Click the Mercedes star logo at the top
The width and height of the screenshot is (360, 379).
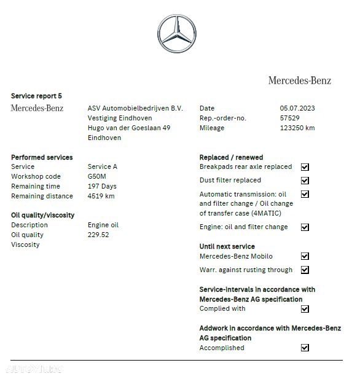pyautogui.click(x=176, y=33)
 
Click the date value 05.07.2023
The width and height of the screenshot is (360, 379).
pyautogui.click(x=298, y=108)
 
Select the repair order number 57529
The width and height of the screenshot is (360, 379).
pyautogui.click(x=290, y=118)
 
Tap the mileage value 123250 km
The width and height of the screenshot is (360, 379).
pyautogui.click(x=297, y=128)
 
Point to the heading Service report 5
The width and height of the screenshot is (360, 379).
pyautogui.click(x=36, y=96)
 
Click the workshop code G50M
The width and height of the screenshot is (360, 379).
pyautogui.click(x=97, y=176)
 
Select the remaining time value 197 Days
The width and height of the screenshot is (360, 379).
pyautogui.click(x=102, y=186)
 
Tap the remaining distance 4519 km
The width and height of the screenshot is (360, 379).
pyautogui.click(x=101, y=196)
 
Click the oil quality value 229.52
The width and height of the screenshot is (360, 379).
pyautogui.click(x=98, y=235)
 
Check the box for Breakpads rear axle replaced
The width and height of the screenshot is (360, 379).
pyautogui.click(x=305, y=167)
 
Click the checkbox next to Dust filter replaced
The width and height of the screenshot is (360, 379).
pyautogui.click(x=305, y=181)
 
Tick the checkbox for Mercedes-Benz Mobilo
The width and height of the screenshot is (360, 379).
pyautogui.click(x=305, y=257)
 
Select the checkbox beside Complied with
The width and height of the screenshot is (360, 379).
pyautogui.click(x=305, y=309)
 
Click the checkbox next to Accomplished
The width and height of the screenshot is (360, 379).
pyautogui.click(x=305, y=348)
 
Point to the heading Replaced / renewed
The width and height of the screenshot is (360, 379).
pyautogui.click(x=231, y=157)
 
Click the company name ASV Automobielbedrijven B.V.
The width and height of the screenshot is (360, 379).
pyautogui.click(x=135, y=108)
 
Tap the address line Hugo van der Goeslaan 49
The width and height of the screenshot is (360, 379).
pyautogui.click(x=129, y=128)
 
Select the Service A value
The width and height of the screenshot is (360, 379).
pyautogui.click(x=103, y=166)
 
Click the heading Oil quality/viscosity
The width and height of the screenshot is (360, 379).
pyautogui.click(x=43, y=215)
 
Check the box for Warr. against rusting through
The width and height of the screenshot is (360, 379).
pyautogui.click(x=305, y=270)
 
